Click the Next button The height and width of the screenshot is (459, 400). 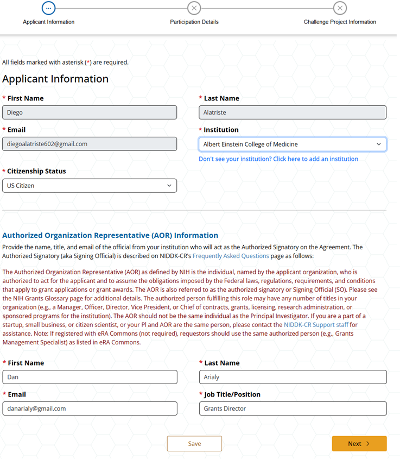(359, 443)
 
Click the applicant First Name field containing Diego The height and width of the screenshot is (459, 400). (90, 112)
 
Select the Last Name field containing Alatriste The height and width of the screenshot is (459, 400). (293, 112)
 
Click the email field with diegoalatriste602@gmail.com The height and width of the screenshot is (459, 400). (90, 144)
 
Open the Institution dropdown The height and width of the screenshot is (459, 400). (293, 144)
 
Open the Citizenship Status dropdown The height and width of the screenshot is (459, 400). (90, 186)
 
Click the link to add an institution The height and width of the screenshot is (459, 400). (278, 159)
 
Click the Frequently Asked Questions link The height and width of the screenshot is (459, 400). (231, 256)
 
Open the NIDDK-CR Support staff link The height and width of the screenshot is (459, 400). (315, 325)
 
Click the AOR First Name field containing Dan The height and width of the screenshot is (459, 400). (90, 377)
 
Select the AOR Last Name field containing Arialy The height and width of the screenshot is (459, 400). (293, 377)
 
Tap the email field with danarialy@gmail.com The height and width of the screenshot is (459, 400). (90, 408)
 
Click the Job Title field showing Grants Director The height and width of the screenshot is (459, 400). (293, 408)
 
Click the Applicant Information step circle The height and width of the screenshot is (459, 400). (48, 8)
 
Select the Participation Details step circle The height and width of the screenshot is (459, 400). (194, 8)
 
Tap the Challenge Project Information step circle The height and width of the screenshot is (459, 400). (340, 8)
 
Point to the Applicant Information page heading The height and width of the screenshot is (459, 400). (55, 79)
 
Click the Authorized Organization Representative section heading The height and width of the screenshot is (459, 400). (110, 235)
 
